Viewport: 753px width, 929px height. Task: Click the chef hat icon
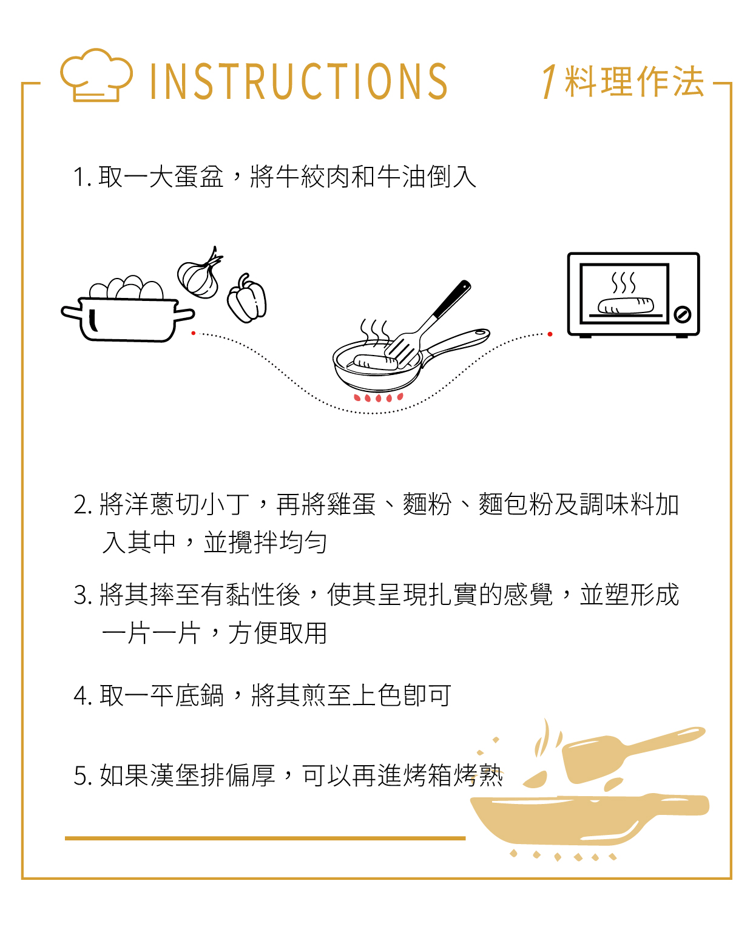(96, 75)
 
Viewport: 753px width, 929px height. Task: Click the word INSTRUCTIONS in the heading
(299, 81)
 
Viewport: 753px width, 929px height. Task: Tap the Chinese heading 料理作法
(634, 81)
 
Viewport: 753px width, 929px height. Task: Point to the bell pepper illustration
(246, 298)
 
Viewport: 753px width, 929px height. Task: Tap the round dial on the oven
(682, 314)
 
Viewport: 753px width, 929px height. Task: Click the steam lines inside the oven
(623, 283)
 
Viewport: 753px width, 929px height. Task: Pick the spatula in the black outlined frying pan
(427, 325)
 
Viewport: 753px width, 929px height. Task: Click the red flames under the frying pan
(378, 397)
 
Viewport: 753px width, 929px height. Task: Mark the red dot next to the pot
(193, 333)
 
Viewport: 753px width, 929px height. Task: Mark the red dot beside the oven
(550, 334)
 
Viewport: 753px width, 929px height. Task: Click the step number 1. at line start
(83, 177)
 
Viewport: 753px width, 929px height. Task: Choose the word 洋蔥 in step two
(149, 504)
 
